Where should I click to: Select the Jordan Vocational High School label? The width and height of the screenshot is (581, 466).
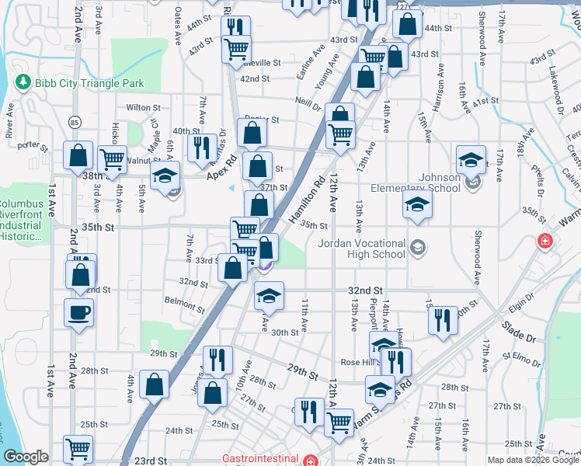coord(363,249)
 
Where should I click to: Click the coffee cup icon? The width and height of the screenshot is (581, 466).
coord(79,314)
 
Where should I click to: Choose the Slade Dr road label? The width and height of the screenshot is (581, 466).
coord(520,329)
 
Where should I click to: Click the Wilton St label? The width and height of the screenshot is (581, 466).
coord(142,108)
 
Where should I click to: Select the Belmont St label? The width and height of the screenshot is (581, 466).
coord(183,301)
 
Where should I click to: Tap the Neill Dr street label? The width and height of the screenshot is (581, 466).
coord(308,104)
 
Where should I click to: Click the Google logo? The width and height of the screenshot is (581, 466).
coord(26,457)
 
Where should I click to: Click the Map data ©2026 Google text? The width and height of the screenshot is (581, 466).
coord(534,460)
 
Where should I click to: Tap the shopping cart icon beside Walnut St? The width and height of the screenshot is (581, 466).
coord(113,159)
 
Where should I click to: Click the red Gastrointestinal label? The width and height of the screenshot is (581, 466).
coord(261,459)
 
